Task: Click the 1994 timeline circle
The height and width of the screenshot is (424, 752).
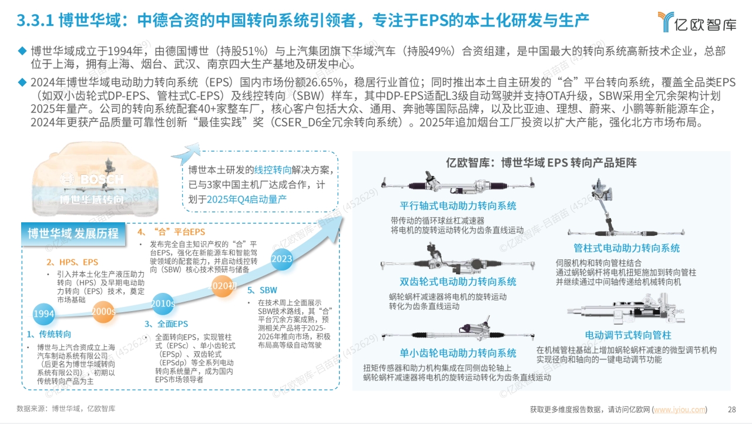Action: pos(43,314)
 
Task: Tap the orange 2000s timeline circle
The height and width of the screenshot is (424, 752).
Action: pos(103,312)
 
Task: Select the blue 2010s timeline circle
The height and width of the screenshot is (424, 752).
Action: pos(163,303)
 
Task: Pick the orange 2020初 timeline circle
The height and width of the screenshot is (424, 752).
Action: pos(222,286)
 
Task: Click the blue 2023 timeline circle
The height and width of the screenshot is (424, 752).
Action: pos(281,259)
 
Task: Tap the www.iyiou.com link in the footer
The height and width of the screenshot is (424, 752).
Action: pos(680,409)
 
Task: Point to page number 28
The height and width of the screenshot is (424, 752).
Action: pos(732,409)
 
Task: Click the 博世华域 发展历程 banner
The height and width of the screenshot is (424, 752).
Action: pos(73,233)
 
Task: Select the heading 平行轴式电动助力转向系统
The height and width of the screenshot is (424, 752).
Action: pos(458,206)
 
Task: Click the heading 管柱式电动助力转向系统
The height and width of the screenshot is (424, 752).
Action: pos(626,248)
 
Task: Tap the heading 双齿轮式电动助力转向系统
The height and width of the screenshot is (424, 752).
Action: pos(458,282)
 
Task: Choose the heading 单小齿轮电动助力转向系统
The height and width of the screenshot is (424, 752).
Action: pos(458,353)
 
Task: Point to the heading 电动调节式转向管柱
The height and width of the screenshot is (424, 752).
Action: pos(628,335)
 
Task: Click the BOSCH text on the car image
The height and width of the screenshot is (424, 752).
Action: pos(102,179)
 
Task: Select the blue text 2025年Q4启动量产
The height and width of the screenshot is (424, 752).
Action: pos(247,199)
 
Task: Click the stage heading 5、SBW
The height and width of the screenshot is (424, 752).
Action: pos(262,290)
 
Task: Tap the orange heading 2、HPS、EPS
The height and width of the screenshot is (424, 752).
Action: pos(72,262)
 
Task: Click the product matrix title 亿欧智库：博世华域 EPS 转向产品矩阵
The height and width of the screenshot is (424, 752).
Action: pos(541,163)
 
